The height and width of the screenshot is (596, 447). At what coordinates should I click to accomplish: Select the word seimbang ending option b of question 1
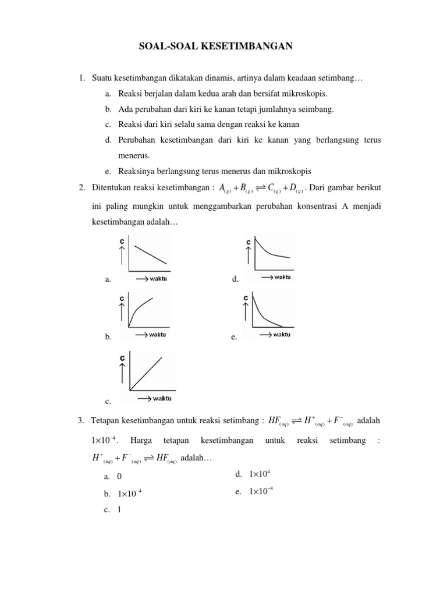pos(317,109)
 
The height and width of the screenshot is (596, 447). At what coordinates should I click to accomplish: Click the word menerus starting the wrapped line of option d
pos(134,156)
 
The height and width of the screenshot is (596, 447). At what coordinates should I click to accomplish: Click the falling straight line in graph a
pos(151,255)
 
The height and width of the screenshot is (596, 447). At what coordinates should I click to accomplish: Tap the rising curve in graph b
pos(143,310)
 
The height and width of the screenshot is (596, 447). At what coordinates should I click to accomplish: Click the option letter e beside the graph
pos(233,336)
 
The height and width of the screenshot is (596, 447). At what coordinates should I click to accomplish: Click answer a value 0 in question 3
pos(119,476)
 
